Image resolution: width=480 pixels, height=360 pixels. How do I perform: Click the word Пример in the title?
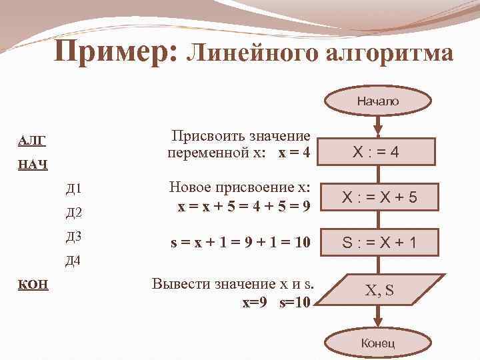113,52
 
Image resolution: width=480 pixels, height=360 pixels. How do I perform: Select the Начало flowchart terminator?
377,101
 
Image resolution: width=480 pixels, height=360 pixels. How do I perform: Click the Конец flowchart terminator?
377,343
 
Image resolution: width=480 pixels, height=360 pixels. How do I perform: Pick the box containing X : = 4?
377,152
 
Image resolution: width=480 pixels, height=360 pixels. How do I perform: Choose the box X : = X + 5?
377,197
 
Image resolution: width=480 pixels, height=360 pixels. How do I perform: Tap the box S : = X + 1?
377,242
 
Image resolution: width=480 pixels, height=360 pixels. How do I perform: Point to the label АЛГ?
31,140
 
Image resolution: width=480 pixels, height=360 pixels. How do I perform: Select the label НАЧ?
32,164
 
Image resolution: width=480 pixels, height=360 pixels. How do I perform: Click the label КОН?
32,284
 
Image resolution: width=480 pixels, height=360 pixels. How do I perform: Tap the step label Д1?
73,189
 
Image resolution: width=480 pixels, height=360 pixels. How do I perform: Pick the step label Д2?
73,213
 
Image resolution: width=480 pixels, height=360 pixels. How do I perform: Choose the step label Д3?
73,236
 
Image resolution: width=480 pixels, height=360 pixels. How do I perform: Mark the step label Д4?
73,260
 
